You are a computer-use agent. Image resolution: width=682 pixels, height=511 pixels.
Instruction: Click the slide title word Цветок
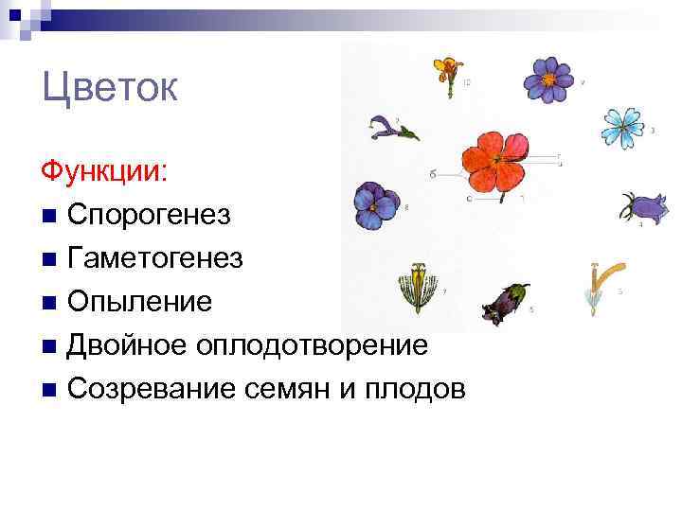tap(110, 90)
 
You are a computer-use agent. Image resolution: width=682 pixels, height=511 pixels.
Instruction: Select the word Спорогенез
tap(149, 215)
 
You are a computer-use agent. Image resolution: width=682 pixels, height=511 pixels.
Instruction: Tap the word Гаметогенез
tap(155, 258)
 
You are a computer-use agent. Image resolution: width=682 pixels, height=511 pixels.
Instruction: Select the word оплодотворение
tap(312, 345)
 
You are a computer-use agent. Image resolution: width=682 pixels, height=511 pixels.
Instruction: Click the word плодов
tap(421, 388)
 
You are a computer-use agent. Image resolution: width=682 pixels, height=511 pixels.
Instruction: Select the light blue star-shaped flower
tap(622, 126)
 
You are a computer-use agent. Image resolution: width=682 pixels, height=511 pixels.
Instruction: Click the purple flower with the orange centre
tap(550, 79)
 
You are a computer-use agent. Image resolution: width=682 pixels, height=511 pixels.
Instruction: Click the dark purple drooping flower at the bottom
tap(505, 300)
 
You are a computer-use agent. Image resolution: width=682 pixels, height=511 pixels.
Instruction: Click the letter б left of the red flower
tap(432, 173)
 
